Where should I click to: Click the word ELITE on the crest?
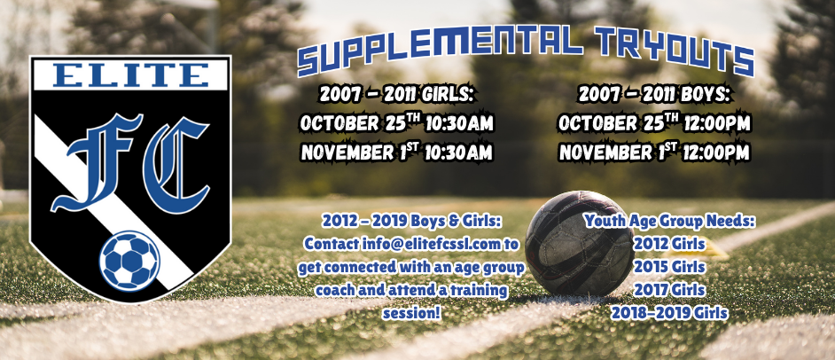click(131, 75)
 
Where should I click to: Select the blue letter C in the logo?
click(176, 165)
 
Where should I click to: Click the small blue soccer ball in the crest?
click(129, 261)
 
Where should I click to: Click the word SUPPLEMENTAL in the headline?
click(437, 48)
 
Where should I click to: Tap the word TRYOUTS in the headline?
click(675, 51)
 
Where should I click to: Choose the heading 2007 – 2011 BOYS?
click(654, 95)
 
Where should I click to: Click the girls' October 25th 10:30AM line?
click(397, 123)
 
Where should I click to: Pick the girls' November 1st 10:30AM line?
click(396, 153)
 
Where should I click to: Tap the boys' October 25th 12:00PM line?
click(654, 123)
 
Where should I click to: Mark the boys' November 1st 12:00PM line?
click(654, 153)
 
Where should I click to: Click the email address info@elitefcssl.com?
click(432, 244)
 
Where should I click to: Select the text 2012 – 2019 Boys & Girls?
click(411, 221)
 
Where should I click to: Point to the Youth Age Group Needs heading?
click(670, 221)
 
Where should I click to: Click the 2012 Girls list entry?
click(669, 244)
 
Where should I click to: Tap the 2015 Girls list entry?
click(669, 267)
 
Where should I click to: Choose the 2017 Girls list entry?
click(669, 290)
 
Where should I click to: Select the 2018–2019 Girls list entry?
click(669, 313)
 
